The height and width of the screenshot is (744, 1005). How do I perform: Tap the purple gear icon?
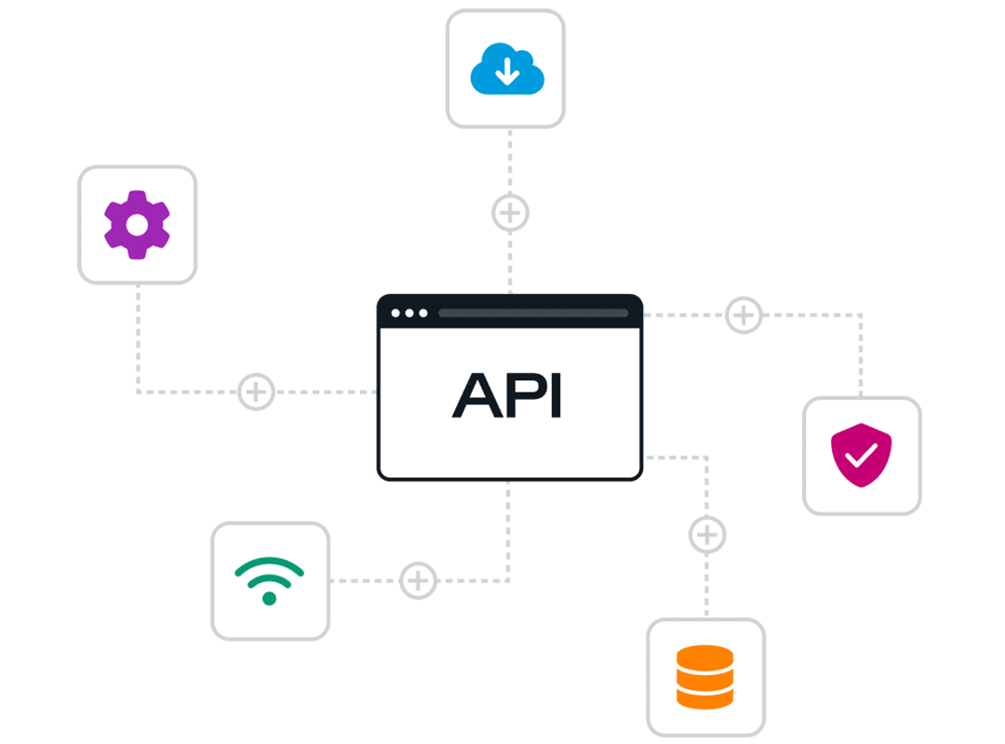point(137,224)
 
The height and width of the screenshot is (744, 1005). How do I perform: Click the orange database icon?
point(705,676)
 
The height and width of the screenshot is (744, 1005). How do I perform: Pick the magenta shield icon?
point(861,455)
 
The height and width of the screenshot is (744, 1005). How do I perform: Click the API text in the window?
point(507,396)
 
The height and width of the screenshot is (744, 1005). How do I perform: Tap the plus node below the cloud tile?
point(510,213)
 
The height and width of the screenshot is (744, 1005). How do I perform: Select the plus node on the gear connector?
point(257,392)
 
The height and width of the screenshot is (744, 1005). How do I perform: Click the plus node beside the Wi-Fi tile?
point(419,580)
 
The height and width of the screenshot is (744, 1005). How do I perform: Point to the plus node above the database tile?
point(707,535)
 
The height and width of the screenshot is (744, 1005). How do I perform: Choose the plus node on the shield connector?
point(743,315)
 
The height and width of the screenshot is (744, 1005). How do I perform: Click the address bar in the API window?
point(533,312)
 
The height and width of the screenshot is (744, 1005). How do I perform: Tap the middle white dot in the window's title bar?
point(409,312)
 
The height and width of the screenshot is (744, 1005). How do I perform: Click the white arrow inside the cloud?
point(507,72)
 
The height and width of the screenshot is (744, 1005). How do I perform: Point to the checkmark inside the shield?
point(862,455)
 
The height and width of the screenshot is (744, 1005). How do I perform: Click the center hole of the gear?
point(137,224)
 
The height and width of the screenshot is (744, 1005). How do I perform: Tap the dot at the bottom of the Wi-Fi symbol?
point(270,598)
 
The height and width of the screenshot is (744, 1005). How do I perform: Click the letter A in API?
point(475,396)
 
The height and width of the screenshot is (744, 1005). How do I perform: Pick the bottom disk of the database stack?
point(705,697)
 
